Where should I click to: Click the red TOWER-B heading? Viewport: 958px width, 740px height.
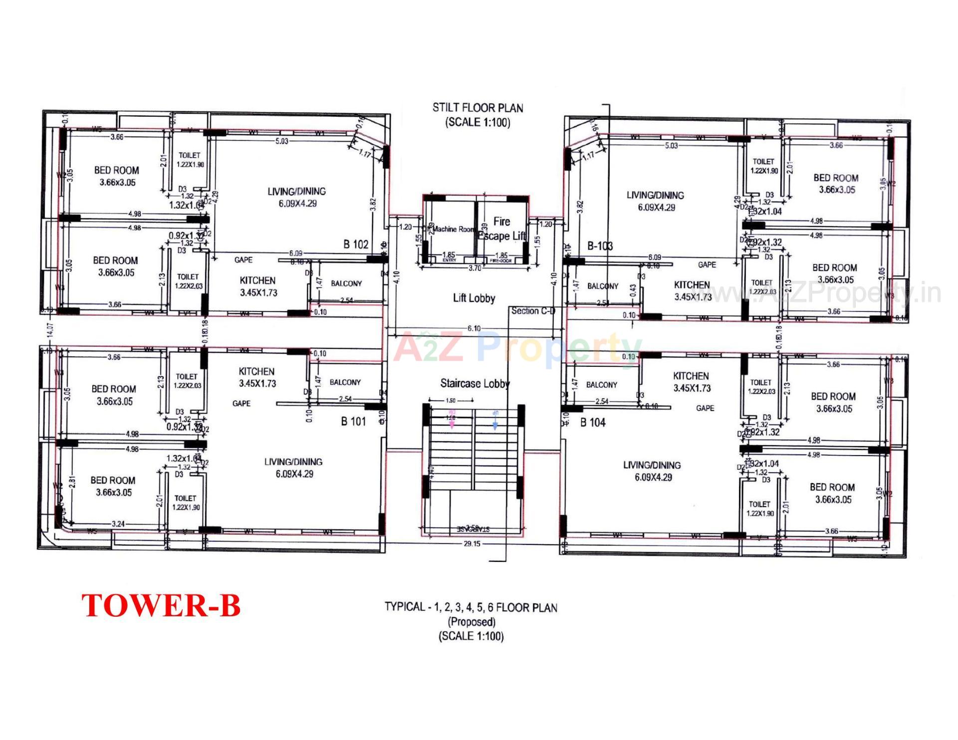click(x=161, y=605)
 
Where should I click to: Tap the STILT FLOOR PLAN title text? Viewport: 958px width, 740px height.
click(x=478, y=108)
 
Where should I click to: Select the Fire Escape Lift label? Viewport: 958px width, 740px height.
click(x=501, y=229)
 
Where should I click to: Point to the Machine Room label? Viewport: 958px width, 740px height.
click(x=453, y=230)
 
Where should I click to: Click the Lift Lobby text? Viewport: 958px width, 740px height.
click(x=474, y=298)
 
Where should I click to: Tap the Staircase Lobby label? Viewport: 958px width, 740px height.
click(x=475, y=383)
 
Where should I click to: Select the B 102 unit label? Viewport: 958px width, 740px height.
click(x=356, y=244)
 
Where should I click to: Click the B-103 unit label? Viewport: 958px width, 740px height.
click(x=600, y=246)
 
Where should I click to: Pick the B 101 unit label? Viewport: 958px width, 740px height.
click(x=353, y=421)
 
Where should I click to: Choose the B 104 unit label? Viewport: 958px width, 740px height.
click(x=593, y=422)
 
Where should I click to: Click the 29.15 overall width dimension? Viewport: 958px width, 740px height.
click(x=472, y=544)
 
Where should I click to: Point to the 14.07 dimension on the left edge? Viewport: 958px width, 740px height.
click(x=49, y=329)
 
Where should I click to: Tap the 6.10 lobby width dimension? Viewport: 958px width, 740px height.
click(x=474, y=328)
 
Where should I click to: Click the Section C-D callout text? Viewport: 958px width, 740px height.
click(x=533, y=311)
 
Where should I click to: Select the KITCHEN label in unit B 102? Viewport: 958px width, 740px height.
click(x=257, y=280)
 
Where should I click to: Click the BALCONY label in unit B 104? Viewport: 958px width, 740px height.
click(x=601, y=385)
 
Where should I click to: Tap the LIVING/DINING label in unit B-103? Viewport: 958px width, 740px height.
click(x=655, y=195)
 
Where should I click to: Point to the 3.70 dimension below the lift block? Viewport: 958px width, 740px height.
click(x=475, y=268)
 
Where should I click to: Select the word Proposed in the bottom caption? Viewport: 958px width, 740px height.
click(x=472, y=622)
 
